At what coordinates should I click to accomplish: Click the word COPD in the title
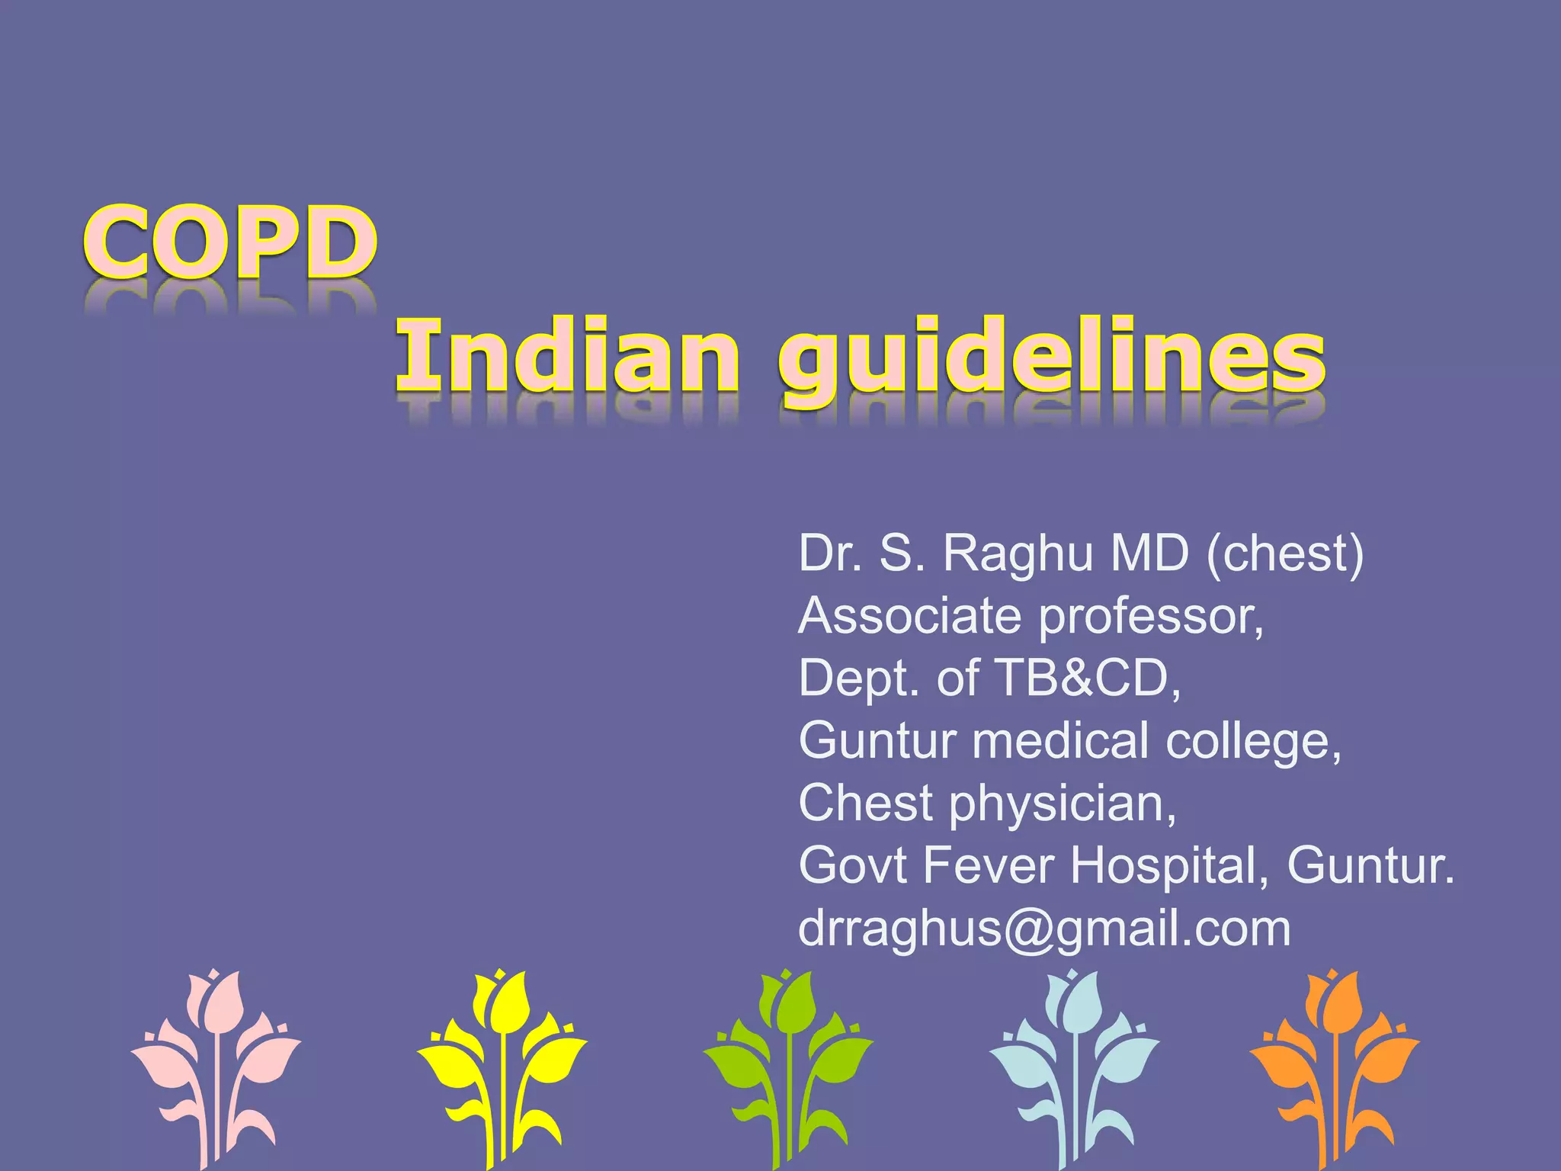[229, 242]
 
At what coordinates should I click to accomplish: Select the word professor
[1150, 617]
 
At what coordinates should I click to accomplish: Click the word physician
[1063, 804]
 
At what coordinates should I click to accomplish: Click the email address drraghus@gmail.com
[1044, 929]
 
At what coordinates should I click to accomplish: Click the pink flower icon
[216, 1067]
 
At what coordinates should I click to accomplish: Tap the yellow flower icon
[502, 1067]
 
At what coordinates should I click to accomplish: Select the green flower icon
[788, 1067]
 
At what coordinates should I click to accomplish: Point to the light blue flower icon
[1074, 1067]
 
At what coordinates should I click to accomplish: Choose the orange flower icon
[1334, 1067]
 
